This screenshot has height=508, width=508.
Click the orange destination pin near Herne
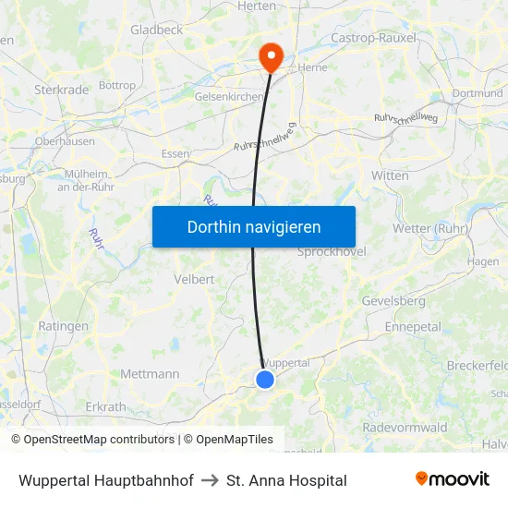(x=272, y=56)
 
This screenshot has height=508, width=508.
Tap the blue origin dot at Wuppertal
(x=265, y=379)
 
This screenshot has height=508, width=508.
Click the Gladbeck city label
(x=156, y=30)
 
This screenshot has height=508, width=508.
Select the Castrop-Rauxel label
(x=373, y=38)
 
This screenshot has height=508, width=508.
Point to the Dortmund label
(x=478, y=93)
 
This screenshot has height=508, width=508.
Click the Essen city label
(x=175, y=154)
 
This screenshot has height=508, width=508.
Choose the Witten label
(x=390, y=175)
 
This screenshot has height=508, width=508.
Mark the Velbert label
(x=194, y=278)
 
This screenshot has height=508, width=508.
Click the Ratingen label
(x=64, y=326)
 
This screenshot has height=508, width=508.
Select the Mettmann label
(x=150, y=374)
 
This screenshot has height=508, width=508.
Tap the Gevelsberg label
(x=393, y=301)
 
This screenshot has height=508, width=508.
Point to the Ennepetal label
(x=413, y=327)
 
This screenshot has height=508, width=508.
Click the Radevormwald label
(x=405, y=427)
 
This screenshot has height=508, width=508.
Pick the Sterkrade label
(x=61, y=90)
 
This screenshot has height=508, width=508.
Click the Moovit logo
(x=452, y=479)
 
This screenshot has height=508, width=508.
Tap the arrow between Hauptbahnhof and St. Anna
(x=210, y=480)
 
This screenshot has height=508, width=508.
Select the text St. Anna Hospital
(x=286, y=480)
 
